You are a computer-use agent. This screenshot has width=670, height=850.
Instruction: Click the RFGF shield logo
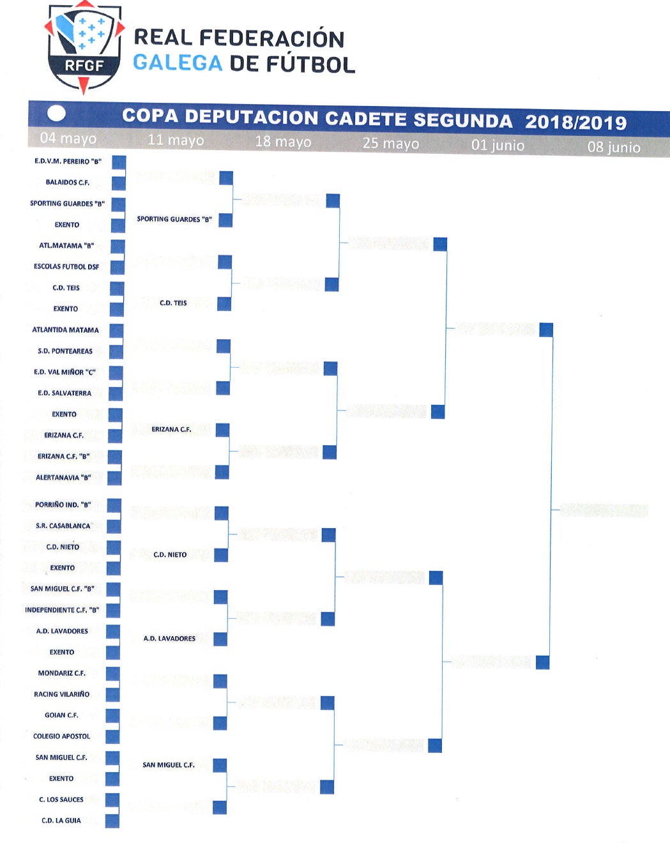(x=84, y=47)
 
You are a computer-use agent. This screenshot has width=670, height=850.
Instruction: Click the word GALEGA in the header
(x=178, y=63)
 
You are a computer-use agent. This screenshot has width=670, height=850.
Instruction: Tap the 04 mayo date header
(x=68, y=138)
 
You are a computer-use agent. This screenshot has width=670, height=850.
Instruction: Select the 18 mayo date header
(x=283, y=142)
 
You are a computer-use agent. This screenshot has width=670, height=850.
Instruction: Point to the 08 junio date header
(x=614, y=147)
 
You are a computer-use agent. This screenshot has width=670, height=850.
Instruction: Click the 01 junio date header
(x=498, y=146)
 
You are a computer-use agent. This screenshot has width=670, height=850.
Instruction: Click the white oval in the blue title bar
(x=56, y=114)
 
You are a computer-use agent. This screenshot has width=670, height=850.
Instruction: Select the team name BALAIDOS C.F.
(x=68, y=183)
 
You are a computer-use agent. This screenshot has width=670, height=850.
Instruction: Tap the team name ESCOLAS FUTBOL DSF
(x=66, y=266)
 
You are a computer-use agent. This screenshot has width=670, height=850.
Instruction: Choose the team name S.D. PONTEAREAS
(x=65, y=351)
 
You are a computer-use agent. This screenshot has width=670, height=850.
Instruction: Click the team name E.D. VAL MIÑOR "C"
(x=65, y=372)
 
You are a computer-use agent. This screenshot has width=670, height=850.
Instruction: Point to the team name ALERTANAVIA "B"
(x=63, y=478)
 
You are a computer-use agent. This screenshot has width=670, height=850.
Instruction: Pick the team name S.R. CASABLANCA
(x=63, y=526)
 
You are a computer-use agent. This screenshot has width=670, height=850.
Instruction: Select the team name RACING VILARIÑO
(x=61, y=694)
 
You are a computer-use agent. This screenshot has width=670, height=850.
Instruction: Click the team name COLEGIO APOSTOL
(x=61, y=736)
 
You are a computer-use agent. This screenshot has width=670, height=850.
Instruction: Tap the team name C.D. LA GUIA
(x=61, y=821)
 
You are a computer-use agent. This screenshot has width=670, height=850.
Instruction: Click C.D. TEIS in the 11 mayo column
(x=173, y=303)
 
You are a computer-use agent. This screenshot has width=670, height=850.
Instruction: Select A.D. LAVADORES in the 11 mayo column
(x=169, y=638)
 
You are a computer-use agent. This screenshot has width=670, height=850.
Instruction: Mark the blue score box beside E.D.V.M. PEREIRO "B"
(x=119, y=162)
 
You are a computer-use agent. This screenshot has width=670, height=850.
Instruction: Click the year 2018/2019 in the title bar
(x=576, y=122)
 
